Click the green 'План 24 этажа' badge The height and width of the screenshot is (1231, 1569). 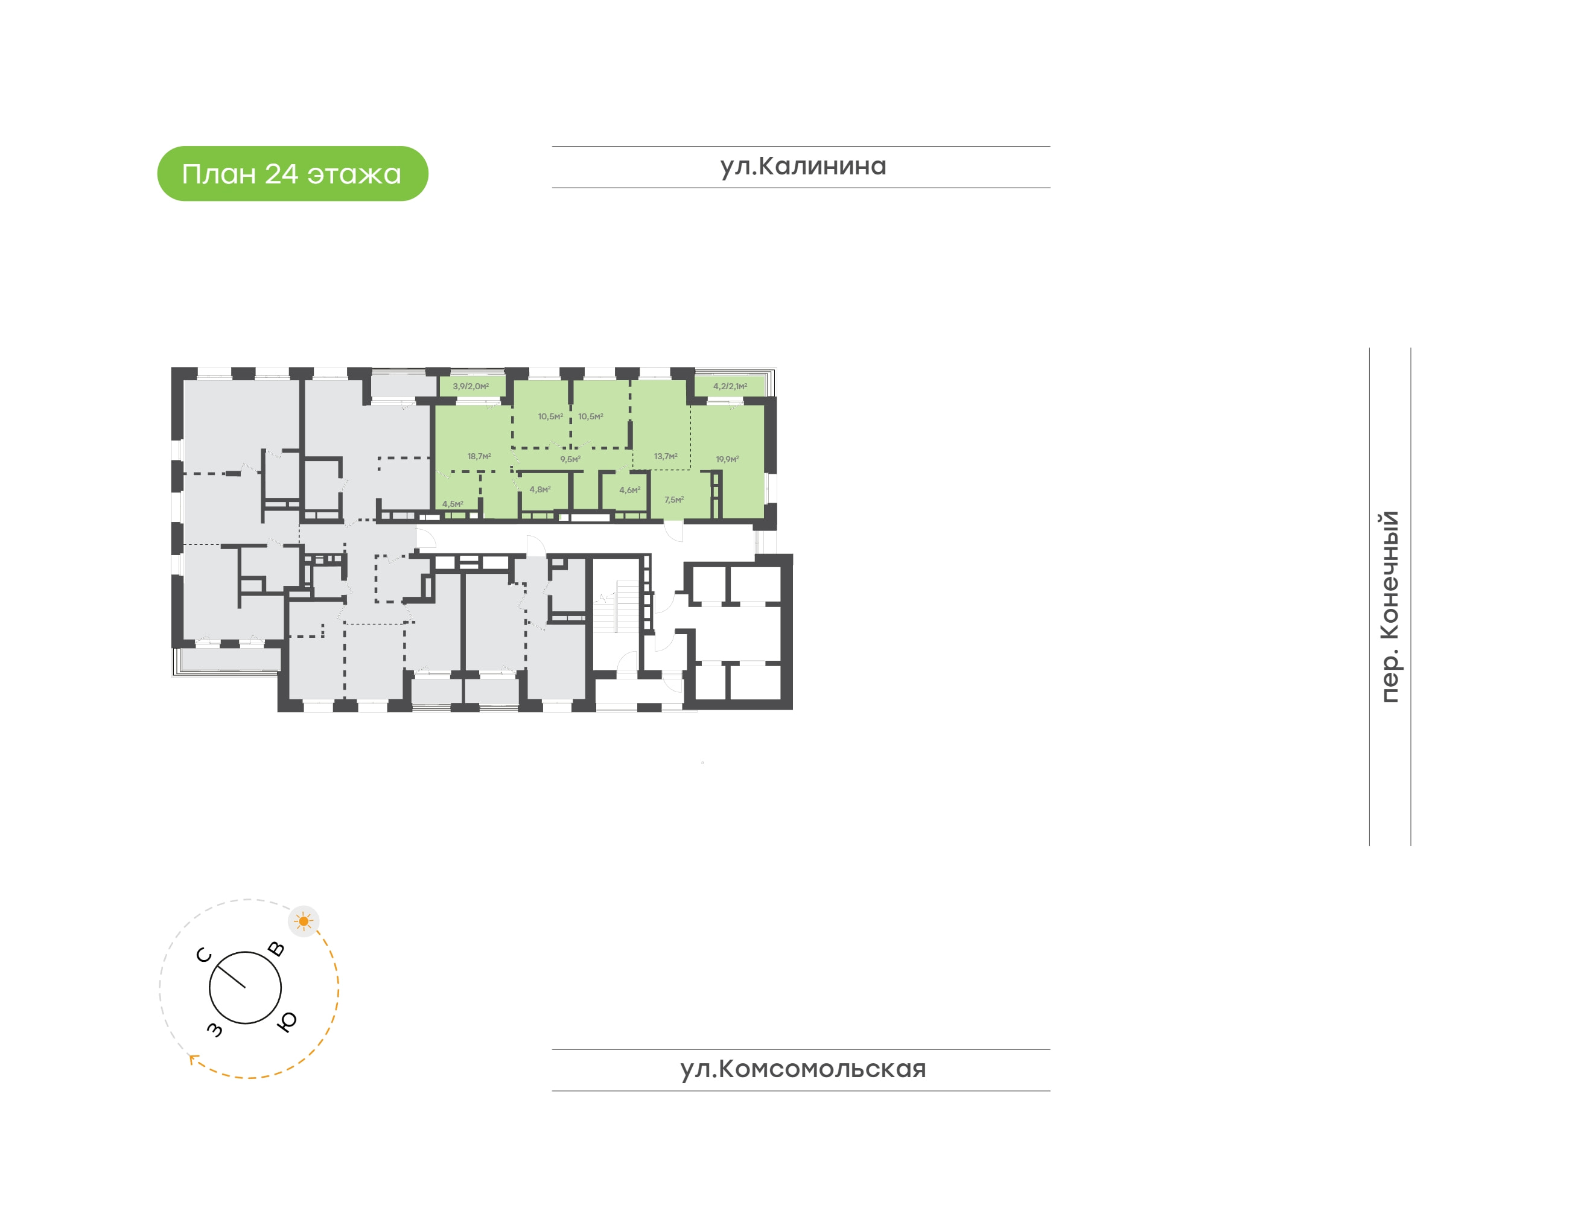click(293, 174)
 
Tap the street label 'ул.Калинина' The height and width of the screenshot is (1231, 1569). click(803, 167)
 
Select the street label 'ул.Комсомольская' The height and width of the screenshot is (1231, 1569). click(803, 1069)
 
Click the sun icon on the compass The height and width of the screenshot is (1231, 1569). click(304, 921)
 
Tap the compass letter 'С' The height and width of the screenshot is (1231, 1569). click(204, 956)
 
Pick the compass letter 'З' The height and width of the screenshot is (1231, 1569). click(215, 1029)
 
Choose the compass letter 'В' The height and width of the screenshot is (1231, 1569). click(276, 949)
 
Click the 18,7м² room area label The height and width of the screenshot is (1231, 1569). click(479, 456)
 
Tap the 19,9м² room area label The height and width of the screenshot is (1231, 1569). click(727, 459)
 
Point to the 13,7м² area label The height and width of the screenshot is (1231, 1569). click(665, 456)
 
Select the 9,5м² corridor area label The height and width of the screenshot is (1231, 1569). click(570, 459)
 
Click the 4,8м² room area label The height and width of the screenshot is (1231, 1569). click(540, 489)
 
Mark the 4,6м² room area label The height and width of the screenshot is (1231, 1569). click(629, 490)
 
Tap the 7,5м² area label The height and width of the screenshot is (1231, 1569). click(674, 500)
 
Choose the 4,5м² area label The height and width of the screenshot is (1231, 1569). click(453, 504)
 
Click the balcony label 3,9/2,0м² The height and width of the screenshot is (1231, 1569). click(471, 386)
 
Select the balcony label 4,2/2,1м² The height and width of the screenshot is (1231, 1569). click(730, 386)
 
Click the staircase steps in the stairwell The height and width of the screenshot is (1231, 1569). click(627, 607)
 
